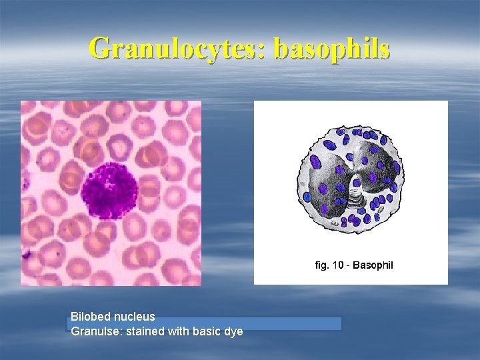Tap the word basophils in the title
pos(331,49)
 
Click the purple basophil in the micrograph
pos(109,189)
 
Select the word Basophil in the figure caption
pos(373,265)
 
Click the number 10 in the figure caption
pos(338,265)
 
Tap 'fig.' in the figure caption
pos(322,265)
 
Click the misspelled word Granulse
pos(94,331)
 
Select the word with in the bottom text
pos(179,331)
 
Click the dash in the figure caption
pos(348,265)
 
